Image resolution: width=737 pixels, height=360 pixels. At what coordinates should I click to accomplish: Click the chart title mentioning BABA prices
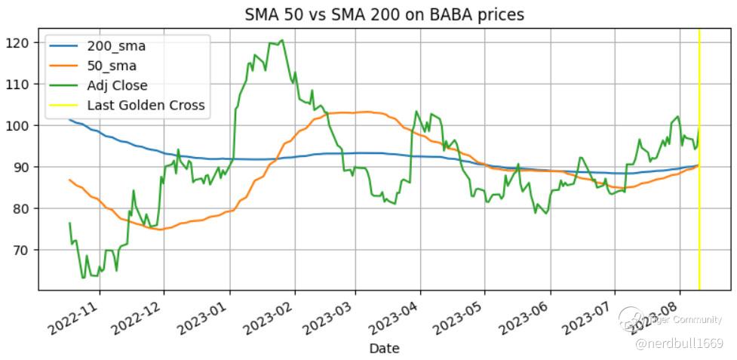click(x=384, y=14)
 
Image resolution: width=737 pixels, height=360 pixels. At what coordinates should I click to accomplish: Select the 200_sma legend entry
click(x=116, y=46)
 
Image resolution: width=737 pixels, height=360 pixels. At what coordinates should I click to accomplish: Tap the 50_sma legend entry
click(x=112, y=66)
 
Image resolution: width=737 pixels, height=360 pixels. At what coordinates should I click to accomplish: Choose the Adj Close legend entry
click(x=117, y=85)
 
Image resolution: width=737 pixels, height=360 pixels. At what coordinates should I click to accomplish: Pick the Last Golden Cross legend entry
click(x=146, y=105)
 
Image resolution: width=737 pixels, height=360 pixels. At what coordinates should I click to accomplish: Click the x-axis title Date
click(x=384, y=349)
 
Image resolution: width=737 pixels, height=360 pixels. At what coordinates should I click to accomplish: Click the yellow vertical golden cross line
click(x=699, y=189)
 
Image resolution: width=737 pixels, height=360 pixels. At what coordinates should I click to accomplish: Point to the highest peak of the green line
click(x=281, y=40)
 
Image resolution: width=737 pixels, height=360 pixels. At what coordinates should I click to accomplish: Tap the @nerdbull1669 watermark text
click(x=679, y=344)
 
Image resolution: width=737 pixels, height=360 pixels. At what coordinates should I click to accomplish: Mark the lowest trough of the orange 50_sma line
click(x=160, y=229)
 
